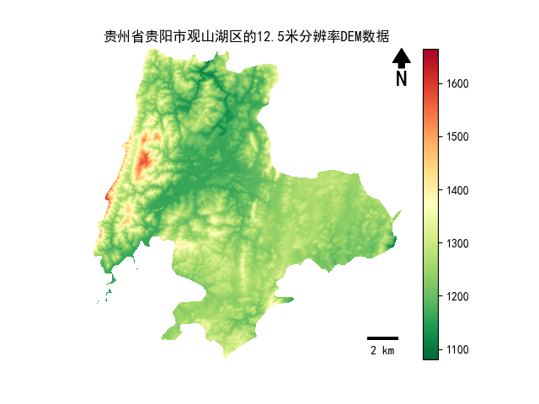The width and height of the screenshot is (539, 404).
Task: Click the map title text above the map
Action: [x=246, y=37]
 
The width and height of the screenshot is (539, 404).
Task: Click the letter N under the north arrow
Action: [x=402, y=79]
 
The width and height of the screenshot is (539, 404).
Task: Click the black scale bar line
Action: [x=382, y=338]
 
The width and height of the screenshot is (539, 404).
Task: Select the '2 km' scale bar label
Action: [x=382, y=350]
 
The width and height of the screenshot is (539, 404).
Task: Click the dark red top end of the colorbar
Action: [x=430, y=54]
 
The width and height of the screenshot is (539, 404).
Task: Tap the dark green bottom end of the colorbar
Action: [x=430, y=355]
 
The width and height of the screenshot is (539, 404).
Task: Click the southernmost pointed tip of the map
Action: [x=225, y=356]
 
